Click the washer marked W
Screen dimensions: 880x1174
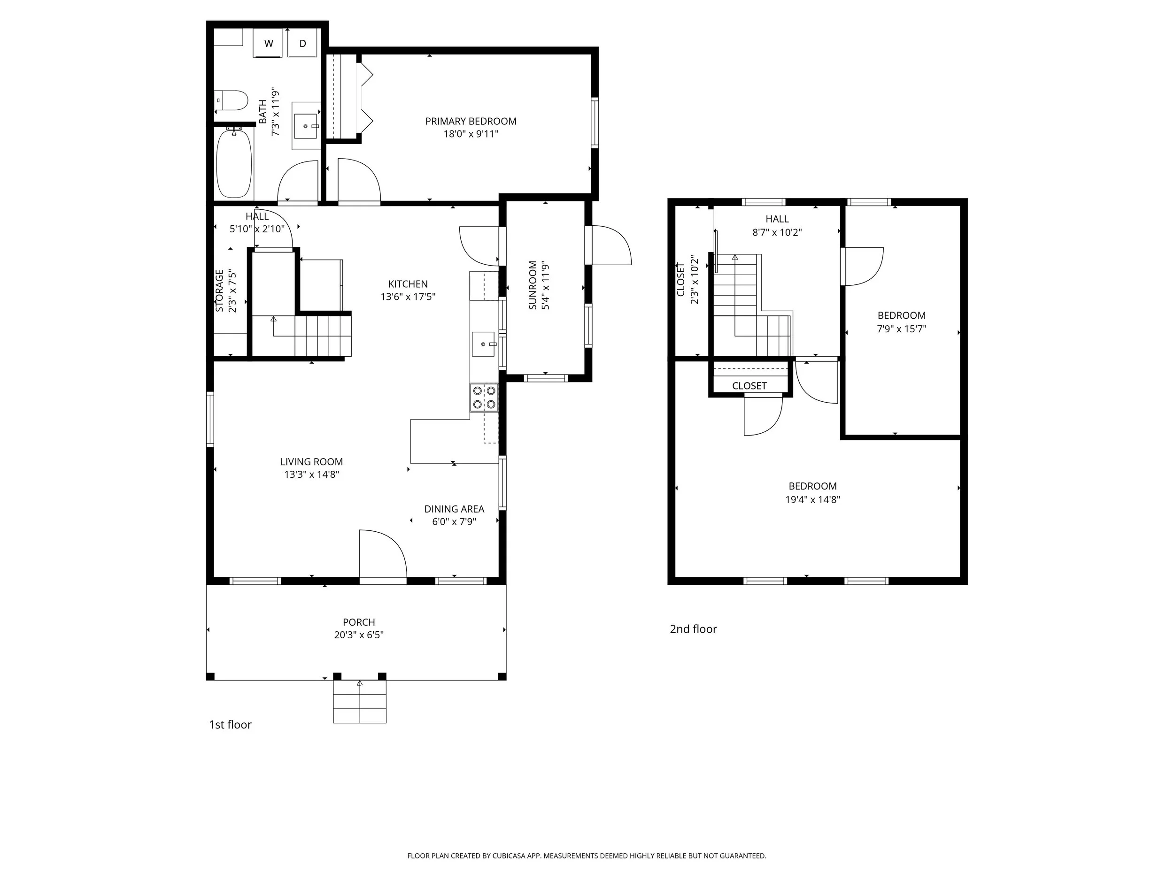(x=269, y=43)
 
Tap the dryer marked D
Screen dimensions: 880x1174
(x=302, y=43)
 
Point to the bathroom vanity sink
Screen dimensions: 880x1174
(x=306, y=126)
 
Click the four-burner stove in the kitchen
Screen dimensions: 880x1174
(x=484, y=398)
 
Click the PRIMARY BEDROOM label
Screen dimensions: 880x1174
(x=471, y=122)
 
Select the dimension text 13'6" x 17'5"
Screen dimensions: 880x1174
(x=408, y=297)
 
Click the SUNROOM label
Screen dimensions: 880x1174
(x=533, y=285)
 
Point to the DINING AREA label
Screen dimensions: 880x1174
(x=454, y=509)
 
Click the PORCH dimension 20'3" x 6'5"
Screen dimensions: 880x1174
(x=359, y=635)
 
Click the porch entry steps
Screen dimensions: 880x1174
(x=359, y=701)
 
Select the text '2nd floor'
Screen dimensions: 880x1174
(x=693, y=629)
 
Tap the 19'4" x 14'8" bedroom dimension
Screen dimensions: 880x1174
(x=812, y=500)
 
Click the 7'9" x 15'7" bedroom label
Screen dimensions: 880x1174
(x=901, y=315)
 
